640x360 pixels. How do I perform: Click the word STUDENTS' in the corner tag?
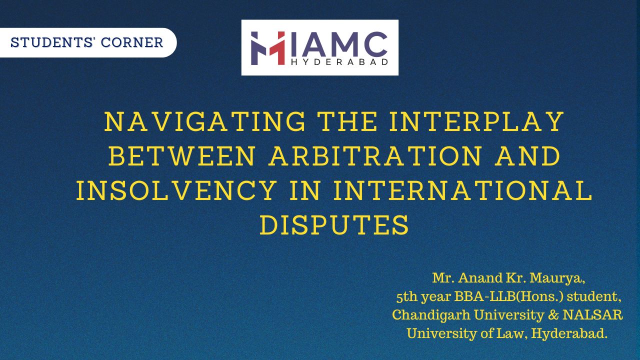tap(53, 42)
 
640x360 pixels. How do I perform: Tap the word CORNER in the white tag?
tap(132, 42)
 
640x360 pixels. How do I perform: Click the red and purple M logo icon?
tap(267, 48)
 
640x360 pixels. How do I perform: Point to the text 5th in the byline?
tap(406, 296)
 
